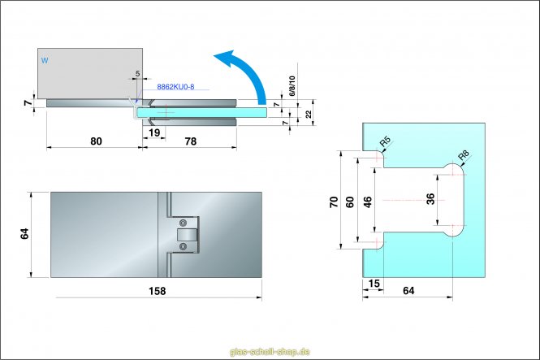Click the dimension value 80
96,141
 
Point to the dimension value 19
154,131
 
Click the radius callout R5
385,144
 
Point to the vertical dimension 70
333,200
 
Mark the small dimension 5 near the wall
138,74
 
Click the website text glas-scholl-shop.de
270,352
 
